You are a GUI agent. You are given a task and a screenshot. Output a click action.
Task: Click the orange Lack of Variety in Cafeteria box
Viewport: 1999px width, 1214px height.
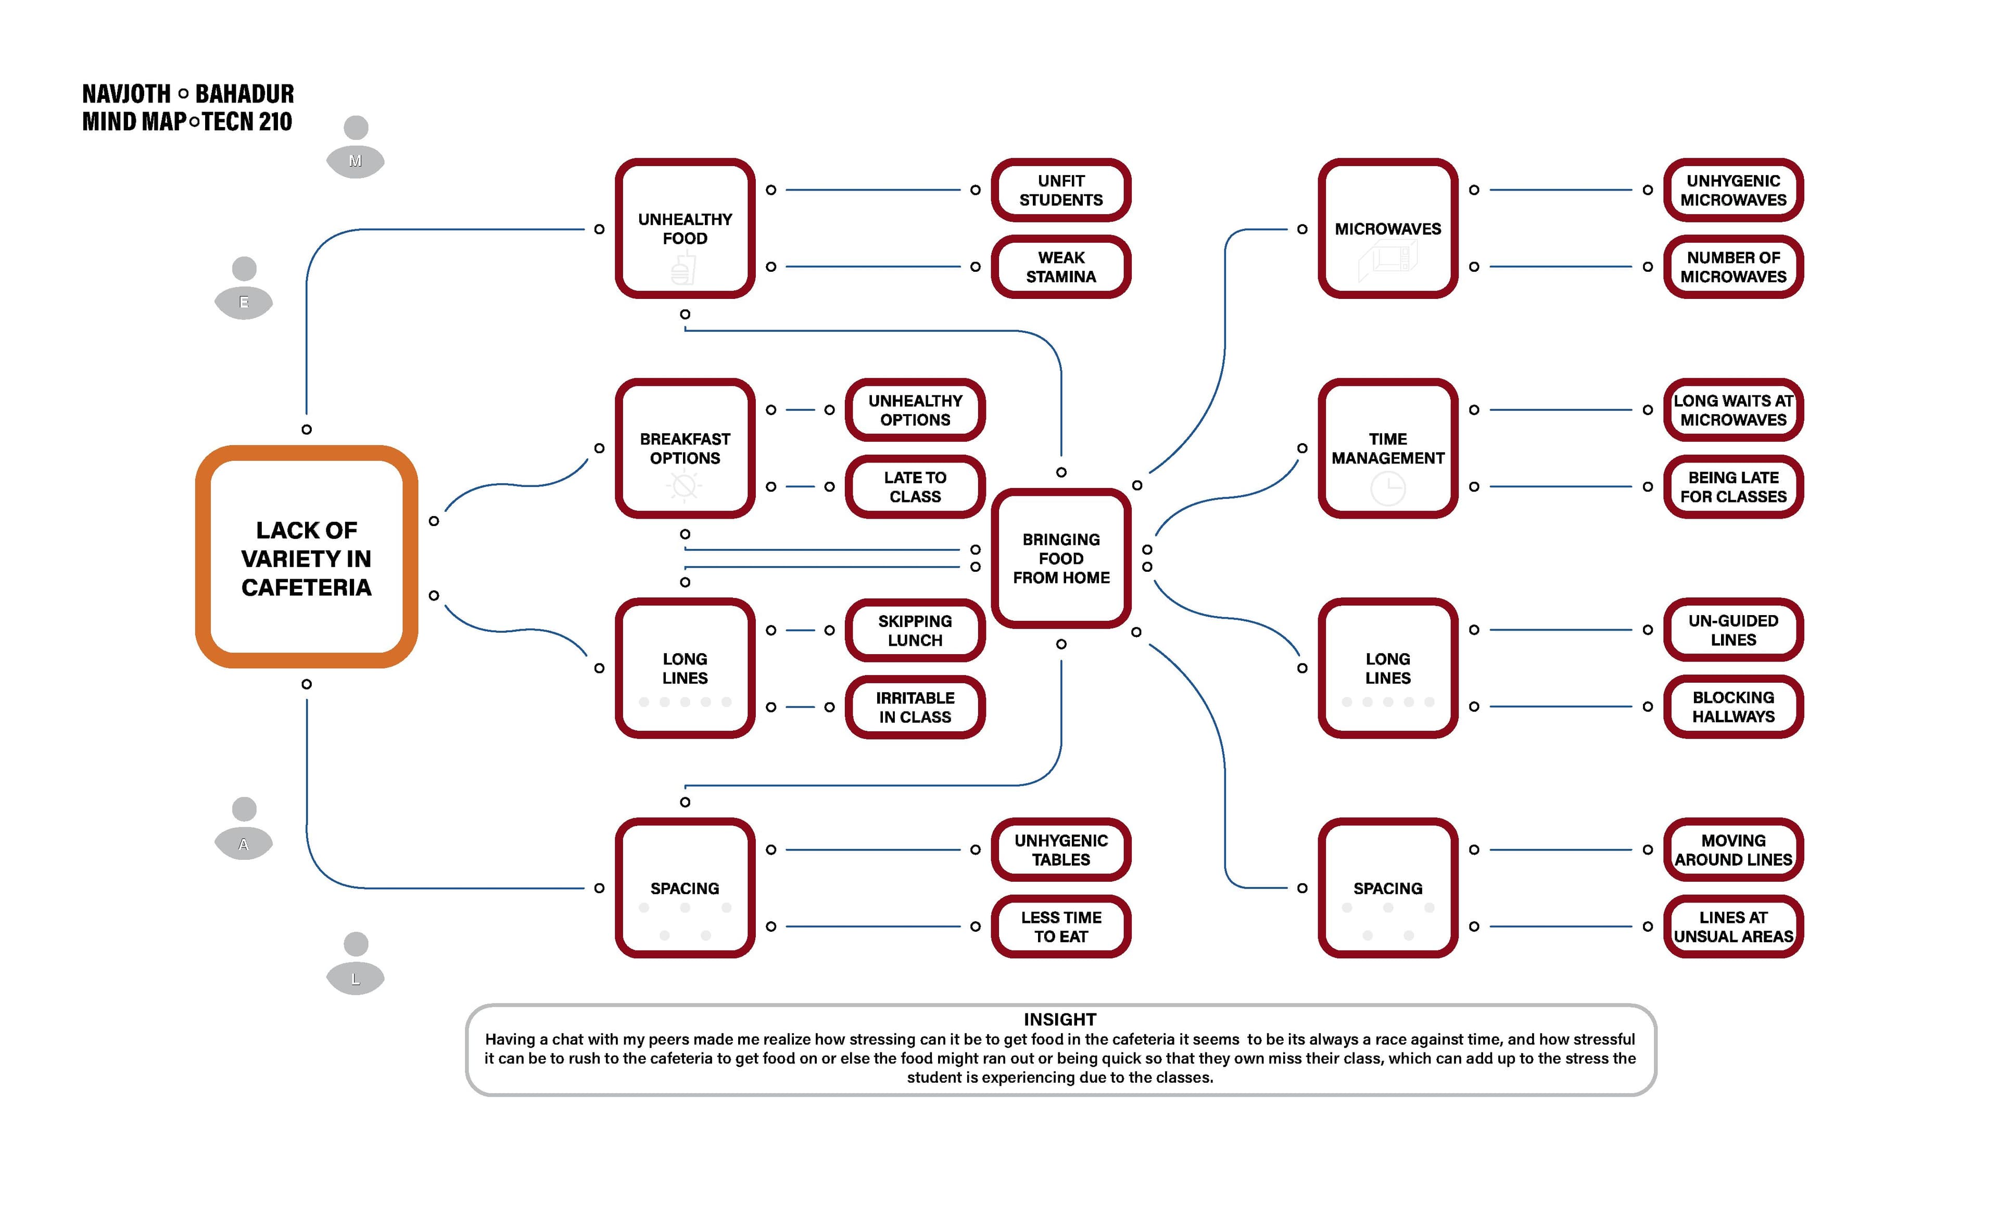pyautogui.click(x=306, y=557)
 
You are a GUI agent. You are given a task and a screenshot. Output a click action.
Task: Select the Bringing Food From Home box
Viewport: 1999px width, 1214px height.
pyautogui.click(x=1060, y=558)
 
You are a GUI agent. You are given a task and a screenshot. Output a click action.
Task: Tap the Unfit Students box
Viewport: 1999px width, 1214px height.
pyautogui.click(x=1060, y=190)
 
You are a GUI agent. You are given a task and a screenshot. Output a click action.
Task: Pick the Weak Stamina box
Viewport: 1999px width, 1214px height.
pyautogui.click(x=1060, y=267)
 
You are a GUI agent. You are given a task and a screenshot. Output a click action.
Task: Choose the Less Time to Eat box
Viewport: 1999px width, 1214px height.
pyautogui.click(x=1060, y=927)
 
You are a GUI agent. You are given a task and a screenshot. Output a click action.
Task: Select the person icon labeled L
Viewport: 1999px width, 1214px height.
pyautogui.click(x=356, y=964)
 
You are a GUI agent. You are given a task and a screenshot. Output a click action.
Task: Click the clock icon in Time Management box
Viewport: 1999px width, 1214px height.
pyautogui.click(x=1387, y=489)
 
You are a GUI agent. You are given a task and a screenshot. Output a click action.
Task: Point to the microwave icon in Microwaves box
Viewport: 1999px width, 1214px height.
pyautogui.click(x=1387, y=260)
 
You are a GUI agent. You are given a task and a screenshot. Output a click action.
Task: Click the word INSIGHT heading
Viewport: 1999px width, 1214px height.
pyautogui.click(x=1059, y=1019)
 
